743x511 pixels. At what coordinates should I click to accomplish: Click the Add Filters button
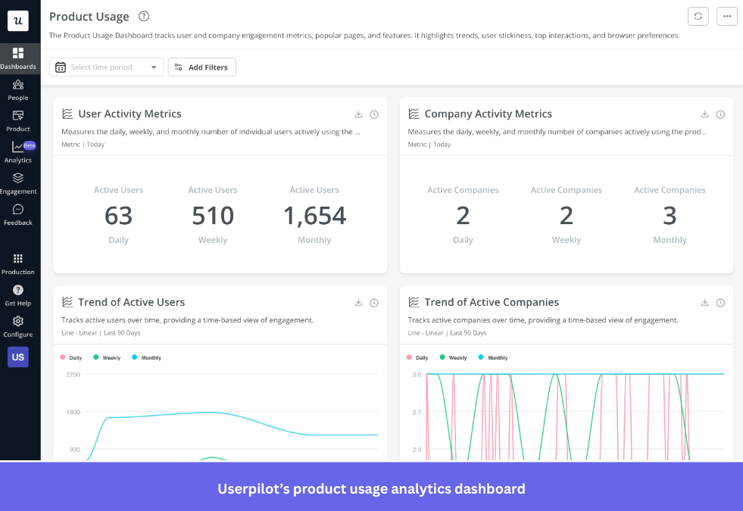(201, 67)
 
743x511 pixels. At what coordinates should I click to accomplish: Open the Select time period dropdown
(106, 67)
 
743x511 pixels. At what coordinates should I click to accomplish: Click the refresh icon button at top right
(698, 17)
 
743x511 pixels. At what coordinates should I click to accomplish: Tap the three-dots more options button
(726, 17)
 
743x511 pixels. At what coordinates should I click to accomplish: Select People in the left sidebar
(18, 89)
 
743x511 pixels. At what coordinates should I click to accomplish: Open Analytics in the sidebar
(18, 151)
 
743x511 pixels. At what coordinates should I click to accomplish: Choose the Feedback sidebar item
(18, 214)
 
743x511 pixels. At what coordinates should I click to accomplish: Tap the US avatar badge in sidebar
(18, 357)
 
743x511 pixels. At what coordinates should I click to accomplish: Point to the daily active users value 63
(118, 216)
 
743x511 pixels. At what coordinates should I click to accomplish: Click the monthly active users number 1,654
(314, 216)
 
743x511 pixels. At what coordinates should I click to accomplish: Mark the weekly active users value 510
(213, 216)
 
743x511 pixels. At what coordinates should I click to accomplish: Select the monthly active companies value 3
(670, 216)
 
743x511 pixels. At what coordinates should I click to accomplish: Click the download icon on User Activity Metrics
(359, 114)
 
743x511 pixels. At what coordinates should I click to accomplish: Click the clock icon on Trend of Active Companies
(720, 303)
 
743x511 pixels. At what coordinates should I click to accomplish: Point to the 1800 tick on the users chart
(73, 413)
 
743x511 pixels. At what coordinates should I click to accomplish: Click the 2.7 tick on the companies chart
(417, 413)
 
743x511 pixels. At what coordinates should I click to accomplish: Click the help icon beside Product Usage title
(144, 17)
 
